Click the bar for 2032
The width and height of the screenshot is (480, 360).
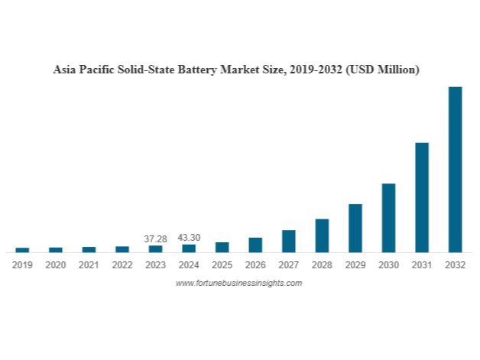pyautogui.click(x=455, y=169)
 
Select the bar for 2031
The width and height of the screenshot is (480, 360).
pyautogui.click(x=421, y=197)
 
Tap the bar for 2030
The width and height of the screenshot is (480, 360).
pyautogui.click(x=388, y=218)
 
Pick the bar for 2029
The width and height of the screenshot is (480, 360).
pyautogui.click(x=355, y=228)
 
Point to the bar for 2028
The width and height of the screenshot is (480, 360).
pyautogui.click(x=322, y=235)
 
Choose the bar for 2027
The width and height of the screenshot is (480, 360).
pyautogui.click(x=288, y=241)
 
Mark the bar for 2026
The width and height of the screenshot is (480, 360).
pyautogui.click(x=255, y=245)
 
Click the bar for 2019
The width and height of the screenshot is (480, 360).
pyautogui.click(x=22, y=249)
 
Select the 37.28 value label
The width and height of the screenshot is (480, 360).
pyautogui.click(x=155, y=238)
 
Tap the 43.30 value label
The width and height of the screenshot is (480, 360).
pyautogui.click(x=189, y=238)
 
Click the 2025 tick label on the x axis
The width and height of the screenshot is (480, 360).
pyautogui.click(x=222, y=265)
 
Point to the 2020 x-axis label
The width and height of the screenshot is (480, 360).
pyautogui.click(x=56, y=265)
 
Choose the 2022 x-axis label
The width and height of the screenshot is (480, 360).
pyautogui.click(x=122, y=265)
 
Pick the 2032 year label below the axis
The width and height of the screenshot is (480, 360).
pyautogui.click(x=455, y=265)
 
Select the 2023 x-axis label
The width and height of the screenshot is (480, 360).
pyautogui.click(x=155, y=265)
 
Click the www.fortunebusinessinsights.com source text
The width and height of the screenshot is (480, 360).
pyautogui.click(x=239, y=283)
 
